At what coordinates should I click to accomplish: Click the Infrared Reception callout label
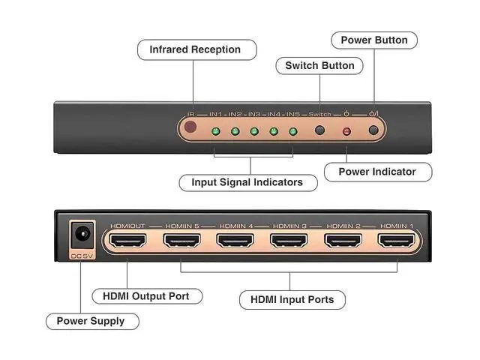coord(195,49)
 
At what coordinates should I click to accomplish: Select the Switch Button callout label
coord(319,66)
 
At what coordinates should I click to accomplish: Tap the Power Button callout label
coord(374,40)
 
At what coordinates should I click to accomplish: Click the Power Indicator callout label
coord(376,172)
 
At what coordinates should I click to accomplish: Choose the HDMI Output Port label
coord(145,296)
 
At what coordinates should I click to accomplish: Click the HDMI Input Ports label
coord(292,300)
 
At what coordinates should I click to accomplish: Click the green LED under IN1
coord(215,132)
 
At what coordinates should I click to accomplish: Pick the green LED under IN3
coord(254,132)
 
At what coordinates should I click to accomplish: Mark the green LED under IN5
coord(293,132)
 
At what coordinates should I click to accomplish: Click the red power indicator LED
coord(346,132)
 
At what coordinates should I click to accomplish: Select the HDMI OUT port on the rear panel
coord(127,241)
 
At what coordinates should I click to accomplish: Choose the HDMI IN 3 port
coord(288,241)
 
